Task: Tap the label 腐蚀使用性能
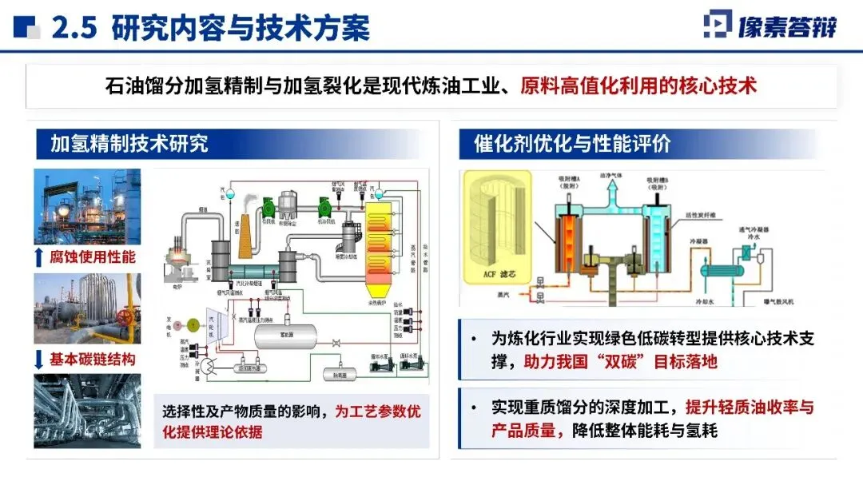(93, 257)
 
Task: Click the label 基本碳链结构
(93, 359)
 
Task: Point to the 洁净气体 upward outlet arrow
(612, 189)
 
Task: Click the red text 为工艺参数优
(377, 412)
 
